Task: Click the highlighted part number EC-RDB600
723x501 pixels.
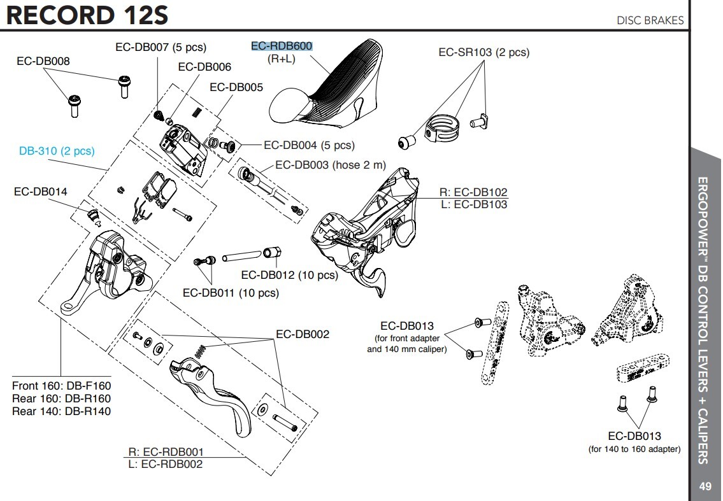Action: (x=282, y=46)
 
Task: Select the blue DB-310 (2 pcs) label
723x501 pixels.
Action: (x=57, y=152)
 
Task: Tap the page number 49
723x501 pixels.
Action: (x=705, y=487)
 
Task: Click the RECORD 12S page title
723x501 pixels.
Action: (x=87, y=15)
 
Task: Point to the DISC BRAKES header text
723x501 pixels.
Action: (x=650, y=20)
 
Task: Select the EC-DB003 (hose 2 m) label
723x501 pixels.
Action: (x=331, y=165)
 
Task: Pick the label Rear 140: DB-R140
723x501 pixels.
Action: (x=61, y=411)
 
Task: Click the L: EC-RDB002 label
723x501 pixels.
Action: (x=166, y=464)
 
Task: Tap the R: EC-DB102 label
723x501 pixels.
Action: (x=473, y=192)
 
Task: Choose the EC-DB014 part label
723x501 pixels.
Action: (x=40, y=191)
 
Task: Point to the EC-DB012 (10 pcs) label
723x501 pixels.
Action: (x=289, y=275)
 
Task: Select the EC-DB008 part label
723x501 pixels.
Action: (x=43, y=61)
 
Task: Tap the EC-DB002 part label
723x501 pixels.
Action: (x=303, y=334)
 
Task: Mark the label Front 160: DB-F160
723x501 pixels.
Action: (x=61, y=386)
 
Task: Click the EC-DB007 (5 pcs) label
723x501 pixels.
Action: (x=161, y=47)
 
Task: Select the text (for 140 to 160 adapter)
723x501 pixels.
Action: (x=634, y=449)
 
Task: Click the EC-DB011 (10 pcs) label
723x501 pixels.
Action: (x=231, y=293)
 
